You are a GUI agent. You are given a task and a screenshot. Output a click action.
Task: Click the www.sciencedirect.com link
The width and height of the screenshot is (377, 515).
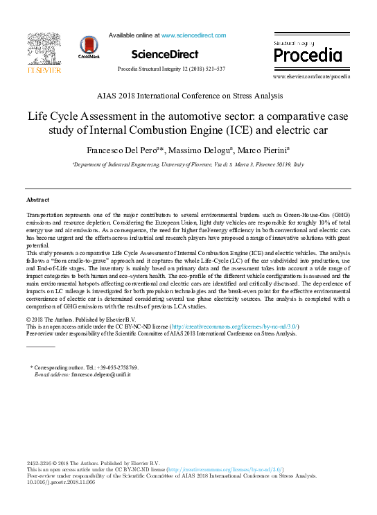click(193, 35)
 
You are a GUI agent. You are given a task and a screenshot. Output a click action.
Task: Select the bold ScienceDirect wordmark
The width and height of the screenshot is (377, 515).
click(164, 54)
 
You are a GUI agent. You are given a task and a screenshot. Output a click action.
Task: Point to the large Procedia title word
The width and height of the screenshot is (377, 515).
click(304, 55)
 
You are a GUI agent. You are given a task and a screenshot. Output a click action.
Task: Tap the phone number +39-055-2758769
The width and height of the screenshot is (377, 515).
click(119, 367)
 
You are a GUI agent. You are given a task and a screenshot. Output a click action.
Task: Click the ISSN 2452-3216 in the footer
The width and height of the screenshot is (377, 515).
click(41, 463)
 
